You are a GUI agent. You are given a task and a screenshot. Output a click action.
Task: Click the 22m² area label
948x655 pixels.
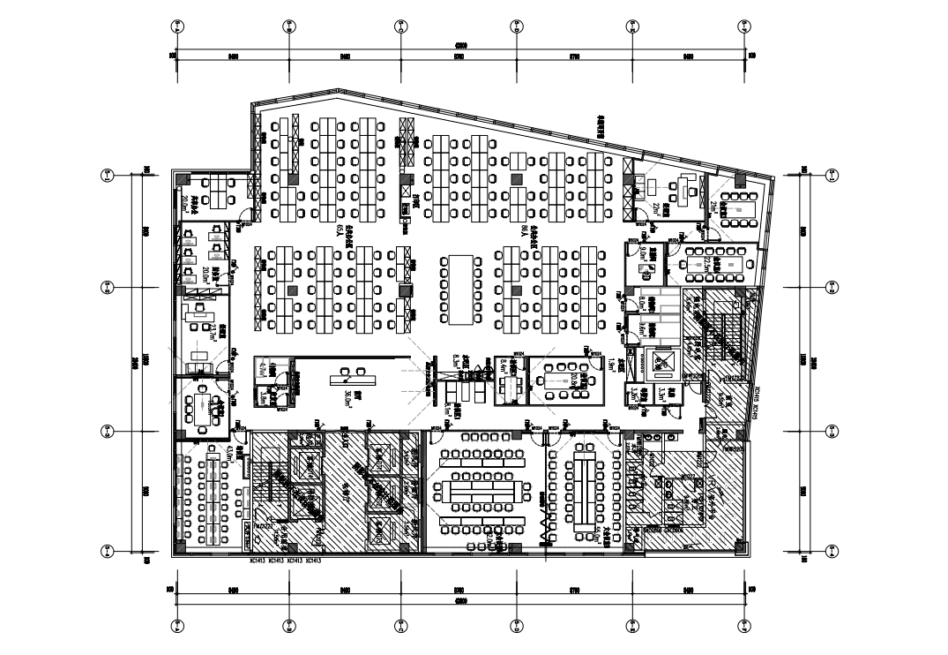pos(658,209)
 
